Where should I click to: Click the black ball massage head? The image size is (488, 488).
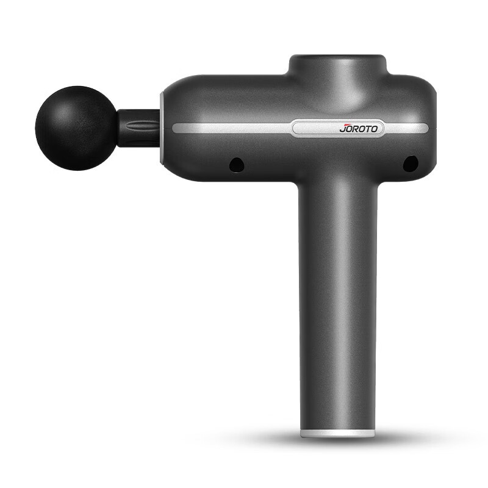pyautogui.click(x=76, y=128)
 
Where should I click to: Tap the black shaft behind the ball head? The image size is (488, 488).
pyautogui.click(x=139, y=128)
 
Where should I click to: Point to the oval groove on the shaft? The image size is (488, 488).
pyautogui.click(x=140, y=126)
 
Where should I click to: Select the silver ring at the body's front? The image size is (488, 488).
pyautogui.click(x=162, y=127)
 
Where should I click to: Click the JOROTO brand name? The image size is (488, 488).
pyautogui.click(x=359, y=128)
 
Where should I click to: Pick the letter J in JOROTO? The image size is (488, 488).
pyautogui.click(x=343, y=129)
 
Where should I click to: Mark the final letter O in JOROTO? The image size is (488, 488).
pyautogui.click(x=374, y=129)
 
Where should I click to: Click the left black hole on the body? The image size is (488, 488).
pyautogui.click(x=236, y=164)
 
